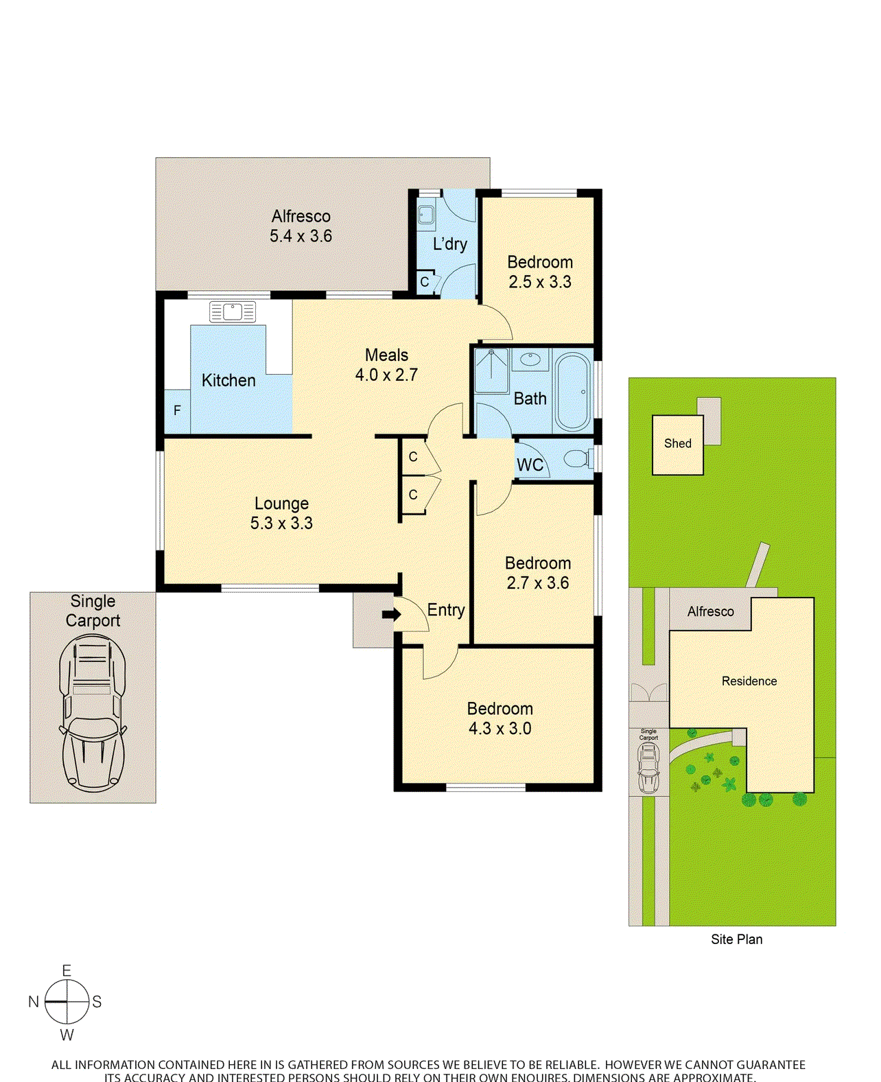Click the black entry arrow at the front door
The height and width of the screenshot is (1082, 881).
pos(391,614)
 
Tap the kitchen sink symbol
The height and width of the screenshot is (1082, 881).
pos(233,312)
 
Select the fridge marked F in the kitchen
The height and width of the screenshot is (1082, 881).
pos(177,411)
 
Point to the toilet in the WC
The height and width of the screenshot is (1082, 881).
pos(577,458)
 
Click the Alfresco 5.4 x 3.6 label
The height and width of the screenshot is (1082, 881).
pos(301,226)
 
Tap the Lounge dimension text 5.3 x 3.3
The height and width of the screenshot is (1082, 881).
pos(281,524)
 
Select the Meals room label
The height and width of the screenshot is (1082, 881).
pos(386,355)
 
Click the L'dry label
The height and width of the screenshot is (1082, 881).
pos(450,244)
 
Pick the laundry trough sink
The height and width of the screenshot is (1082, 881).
pos(426,215)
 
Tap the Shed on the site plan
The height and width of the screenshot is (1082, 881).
pos(677,445)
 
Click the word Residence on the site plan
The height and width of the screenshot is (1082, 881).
pos(749,681)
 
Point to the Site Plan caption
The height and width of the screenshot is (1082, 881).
pos(736,939)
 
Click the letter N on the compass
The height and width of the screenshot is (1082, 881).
pos(33,1002)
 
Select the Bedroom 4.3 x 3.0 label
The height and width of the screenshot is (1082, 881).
pos(500,718)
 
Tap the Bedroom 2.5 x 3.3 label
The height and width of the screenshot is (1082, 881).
pos(540,272)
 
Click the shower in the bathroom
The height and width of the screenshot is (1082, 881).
pos(491,371)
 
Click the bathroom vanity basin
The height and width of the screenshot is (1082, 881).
pos(530,359)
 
